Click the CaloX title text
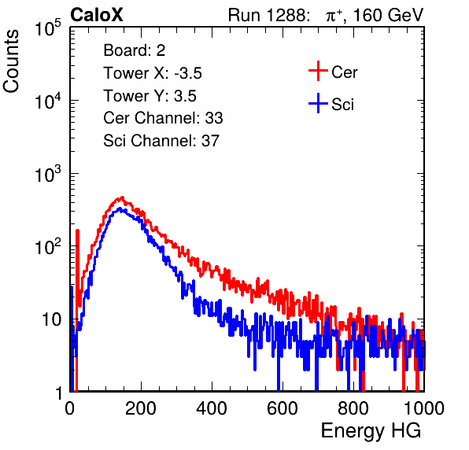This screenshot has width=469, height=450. coord(97,15)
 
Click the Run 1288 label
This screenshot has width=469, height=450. coord(268,15)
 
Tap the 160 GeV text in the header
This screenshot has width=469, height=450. coord(389,15)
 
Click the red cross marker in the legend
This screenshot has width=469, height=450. coord(318,71)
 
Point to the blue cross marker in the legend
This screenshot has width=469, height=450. coord(318,103)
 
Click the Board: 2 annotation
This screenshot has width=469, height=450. coord(135,50)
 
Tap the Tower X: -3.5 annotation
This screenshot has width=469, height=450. coord(153,73)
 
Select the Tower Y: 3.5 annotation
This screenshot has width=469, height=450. coord(150,96)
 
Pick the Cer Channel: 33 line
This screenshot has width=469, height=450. coord(163,118)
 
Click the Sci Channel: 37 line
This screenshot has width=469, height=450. coord(161,141)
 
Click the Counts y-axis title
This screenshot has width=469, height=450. coord(11,61)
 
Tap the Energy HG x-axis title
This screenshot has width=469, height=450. coord(371,431)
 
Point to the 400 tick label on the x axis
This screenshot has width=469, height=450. coord(212,408)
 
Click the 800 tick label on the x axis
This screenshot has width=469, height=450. coord(353,408)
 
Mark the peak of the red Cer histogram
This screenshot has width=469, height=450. coord(122,197)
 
